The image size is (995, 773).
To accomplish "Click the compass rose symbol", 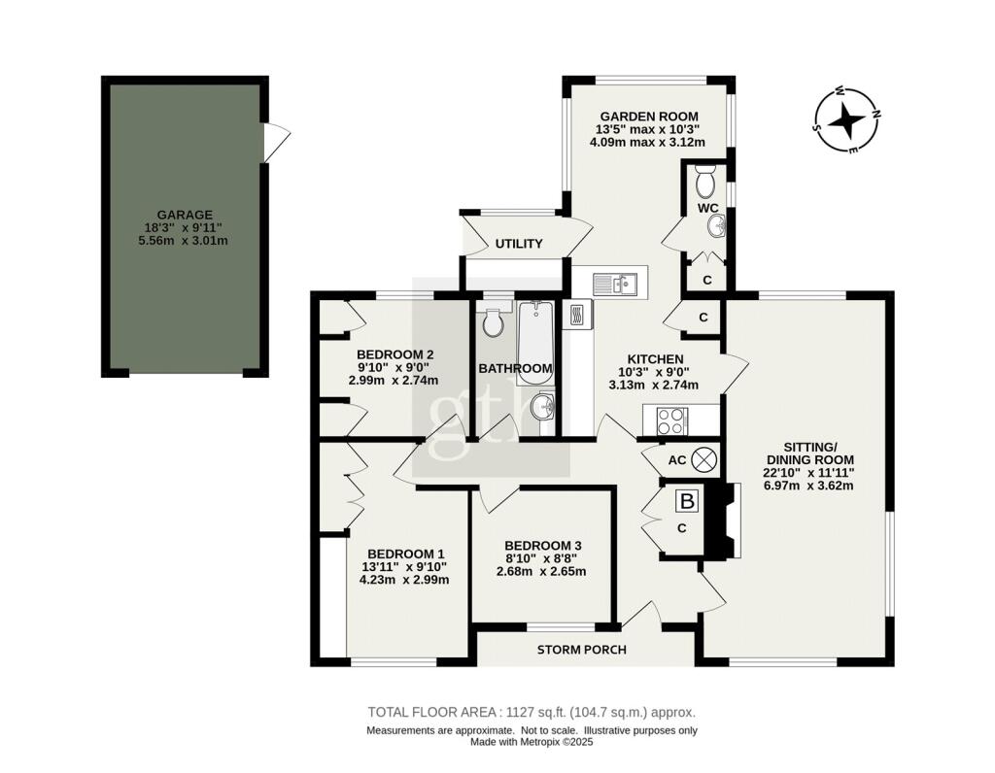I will [846, 121].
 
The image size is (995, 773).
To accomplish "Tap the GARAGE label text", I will [185, 215].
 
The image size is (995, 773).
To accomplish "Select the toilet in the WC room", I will [706, 181].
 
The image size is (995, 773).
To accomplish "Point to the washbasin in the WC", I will [717, 226].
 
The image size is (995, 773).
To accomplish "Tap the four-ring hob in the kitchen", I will [671, 421].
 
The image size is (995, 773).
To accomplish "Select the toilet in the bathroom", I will [494, 320].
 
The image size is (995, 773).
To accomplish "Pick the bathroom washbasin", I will [542, 407].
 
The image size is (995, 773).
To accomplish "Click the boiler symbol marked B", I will [687, 502].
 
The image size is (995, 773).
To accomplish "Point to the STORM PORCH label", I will [582, 650].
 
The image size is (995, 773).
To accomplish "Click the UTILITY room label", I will [519, 244].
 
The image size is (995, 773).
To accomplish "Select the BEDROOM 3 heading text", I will [544, 545].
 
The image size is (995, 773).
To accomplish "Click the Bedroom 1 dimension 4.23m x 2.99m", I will [403, 580].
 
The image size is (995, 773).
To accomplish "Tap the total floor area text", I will [532, 711].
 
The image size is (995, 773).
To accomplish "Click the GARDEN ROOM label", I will [648, 116].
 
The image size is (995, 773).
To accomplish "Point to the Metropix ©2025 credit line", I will [532, 741].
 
